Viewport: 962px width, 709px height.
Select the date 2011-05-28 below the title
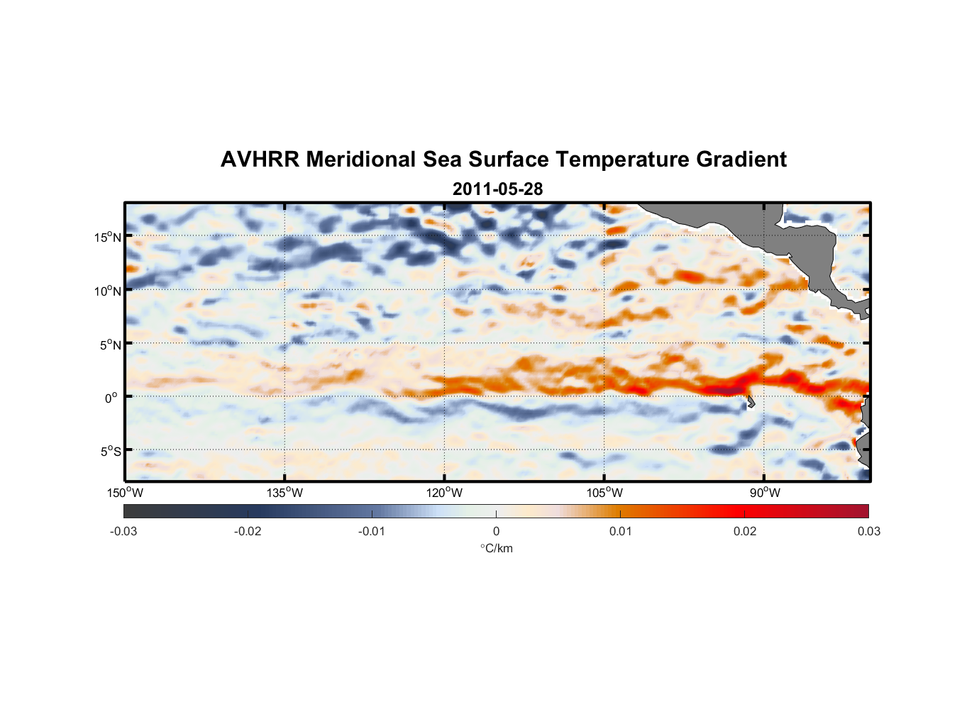point(497,189)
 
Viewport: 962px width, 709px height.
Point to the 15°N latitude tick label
point(108,237)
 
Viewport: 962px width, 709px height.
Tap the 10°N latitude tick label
point(108,291)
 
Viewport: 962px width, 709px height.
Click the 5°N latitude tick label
point(110,345)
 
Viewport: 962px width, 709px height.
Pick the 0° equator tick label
point(111,398)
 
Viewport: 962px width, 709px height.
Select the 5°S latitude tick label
point(110,452)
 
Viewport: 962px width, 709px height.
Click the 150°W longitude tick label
point(126,493)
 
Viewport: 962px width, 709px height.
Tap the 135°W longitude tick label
point(285,493)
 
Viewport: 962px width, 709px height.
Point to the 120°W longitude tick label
point(445,493)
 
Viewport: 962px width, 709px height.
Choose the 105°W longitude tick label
point(604,493)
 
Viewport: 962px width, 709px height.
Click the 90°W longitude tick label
point(765,493)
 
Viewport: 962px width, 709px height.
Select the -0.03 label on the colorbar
point(123,531)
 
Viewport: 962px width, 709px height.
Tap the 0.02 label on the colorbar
point(745,531)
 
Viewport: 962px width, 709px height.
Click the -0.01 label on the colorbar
point(372,531)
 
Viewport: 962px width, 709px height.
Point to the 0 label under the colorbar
point(496,531)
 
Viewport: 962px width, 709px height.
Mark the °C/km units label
point(497,548)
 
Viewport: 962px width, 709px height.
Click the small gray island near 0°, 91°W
point(751,402)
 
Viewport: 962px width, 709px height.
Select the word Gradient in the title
point(741,160)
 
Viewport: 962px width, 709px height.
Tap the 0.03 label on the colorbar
point(868,531)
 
